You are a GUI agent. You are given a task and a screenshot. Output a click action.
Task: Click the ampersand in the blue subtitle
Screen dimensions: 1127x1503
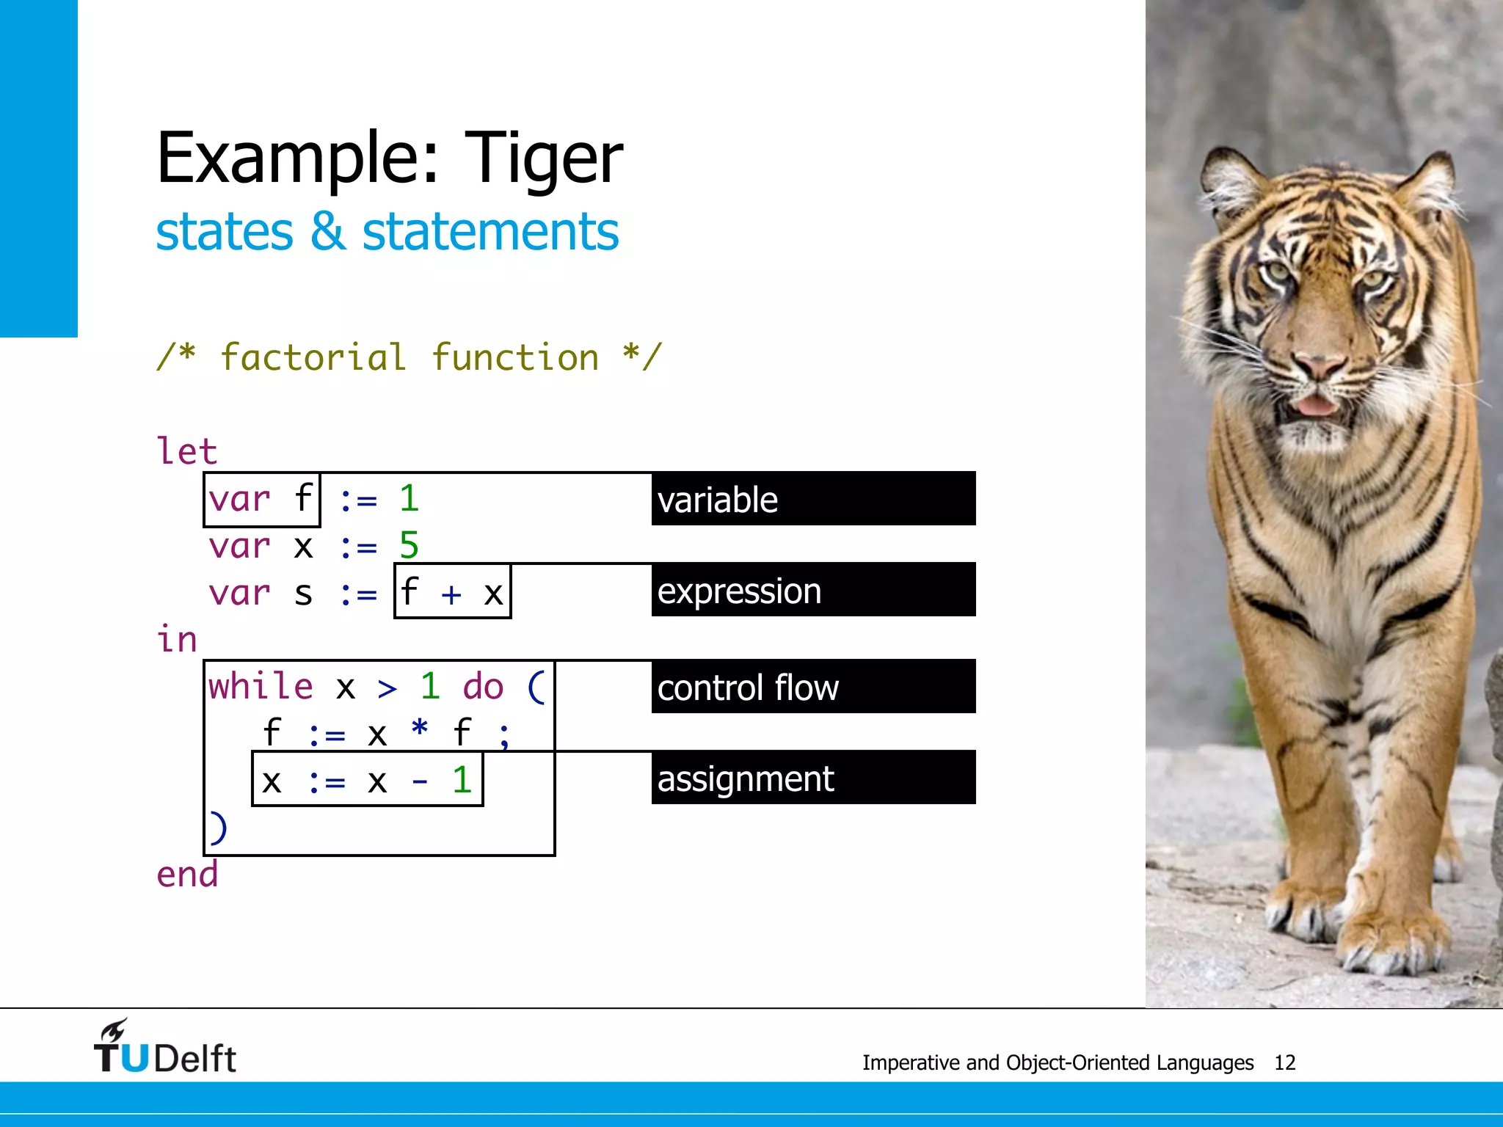pos(327,232)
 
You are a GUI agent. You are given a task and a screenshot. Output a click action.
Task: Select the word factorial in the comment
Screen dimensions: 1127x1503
pos(313,358)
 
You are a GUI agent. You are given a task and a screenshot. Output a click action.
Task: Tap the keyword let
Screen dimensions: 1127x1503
pos(187,451)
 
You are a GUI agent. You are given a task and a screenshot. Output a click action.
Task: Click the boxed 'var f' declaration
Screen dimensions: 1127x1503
pos(262,500)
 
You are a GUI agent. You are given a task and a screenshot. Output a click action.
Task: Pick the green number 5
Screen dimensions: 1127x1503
pos(409,546)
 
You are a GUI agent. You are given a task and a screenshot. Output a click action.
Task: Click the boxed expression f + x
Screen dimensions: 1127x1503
pos(452,591)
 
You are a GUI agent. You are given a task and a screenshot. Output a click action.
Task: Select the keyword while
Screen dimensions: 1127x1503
pos(261,687)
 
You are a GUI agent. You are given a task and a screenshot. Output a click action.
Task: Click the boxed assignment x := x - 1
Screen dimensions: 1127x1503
pos(367,779)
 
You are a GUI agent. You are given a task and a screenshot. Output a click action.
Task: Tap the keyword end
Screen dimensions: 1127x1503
pos(187,875)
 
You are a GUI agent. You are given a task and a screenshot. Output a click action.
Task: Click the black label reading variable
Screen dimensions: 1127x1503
pos(812,499)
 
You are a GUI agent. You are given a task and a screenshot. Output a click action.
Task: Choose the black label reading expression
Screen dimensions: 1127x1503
pos(812,590)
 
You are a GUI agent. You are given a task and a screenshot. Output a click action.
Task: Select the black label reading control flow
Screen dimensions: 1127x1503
pos(812,687)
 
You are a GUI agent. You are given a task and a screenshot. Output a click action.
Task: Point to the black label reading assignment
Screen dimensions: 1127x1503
pos(812,778)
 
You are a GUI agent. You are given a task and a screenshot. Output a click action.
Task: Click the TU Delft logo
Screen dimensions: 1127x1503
pos(165,1049)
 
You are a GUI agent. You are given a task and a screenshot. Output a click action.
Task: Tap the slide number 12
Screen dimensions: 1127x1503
pos(1284,1062)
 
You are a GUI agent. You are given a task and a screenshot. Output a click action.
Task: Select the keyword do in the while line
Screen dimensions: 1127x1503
pos(483,687)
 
